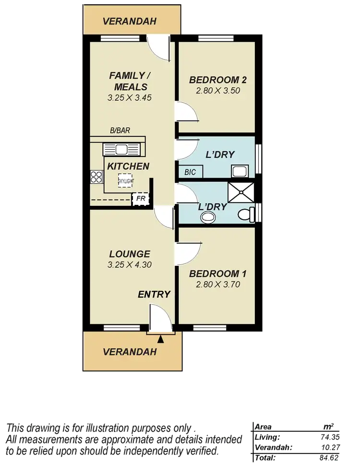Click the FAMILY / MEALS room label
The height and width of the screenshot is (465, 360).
coord(127,81)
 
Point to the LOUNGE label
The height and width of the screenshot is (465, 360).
coord(129,254)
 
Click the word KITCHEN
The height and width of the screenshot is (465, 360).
coord(128,166)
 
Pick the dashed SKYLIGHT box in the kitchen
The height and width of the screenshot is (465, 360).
coord(126,180)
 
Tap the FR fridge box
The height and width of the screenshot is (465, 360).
coord(141,198)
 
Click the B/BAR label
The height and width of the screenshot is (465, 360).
coord(120,130)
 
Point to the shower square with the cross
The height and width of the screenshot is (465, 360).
coord(239,192)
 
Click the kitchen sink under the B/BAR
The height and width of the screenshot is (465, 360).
coord(120,149)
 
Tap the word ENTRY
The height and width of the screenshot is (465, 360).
coord(154,294)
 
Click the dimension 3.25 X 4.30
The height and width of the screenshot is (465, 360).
coord(129,264)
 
